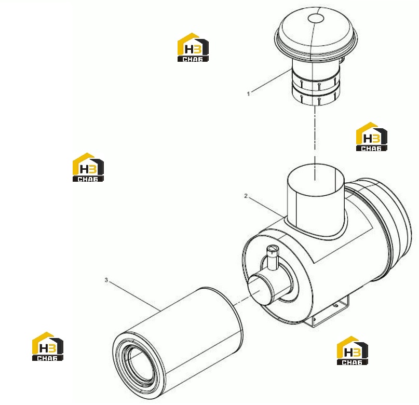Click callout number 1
pos(249,94)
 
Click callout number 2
pos(246,196)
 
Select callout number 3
pos(106,280)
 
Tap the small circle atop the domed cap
pos(316,19)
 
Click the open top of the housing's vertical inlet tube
pos(315,178)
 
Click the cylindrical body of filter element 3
pos(177,344)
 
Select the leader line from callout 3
pos(134,295)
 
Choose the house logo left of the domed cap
pos(193,47)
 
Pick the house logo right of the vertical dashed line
pos(372,137)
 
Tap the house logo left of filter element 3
pos(48,346)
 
